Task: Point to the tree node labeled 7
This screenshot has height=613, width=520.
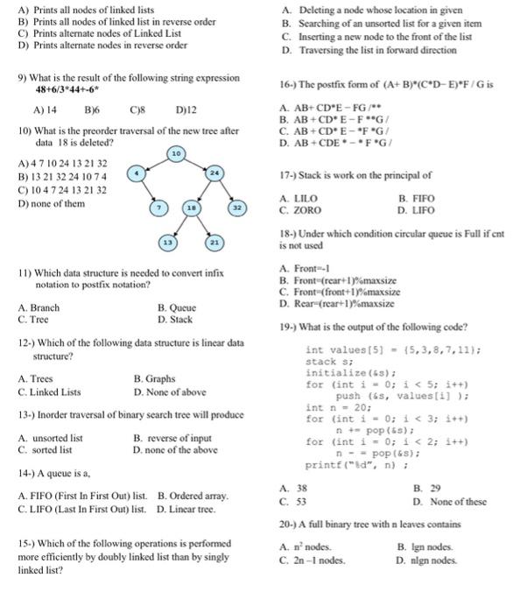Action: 159,209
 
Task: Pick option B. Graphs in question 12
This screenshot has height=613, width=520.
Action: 155,379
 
